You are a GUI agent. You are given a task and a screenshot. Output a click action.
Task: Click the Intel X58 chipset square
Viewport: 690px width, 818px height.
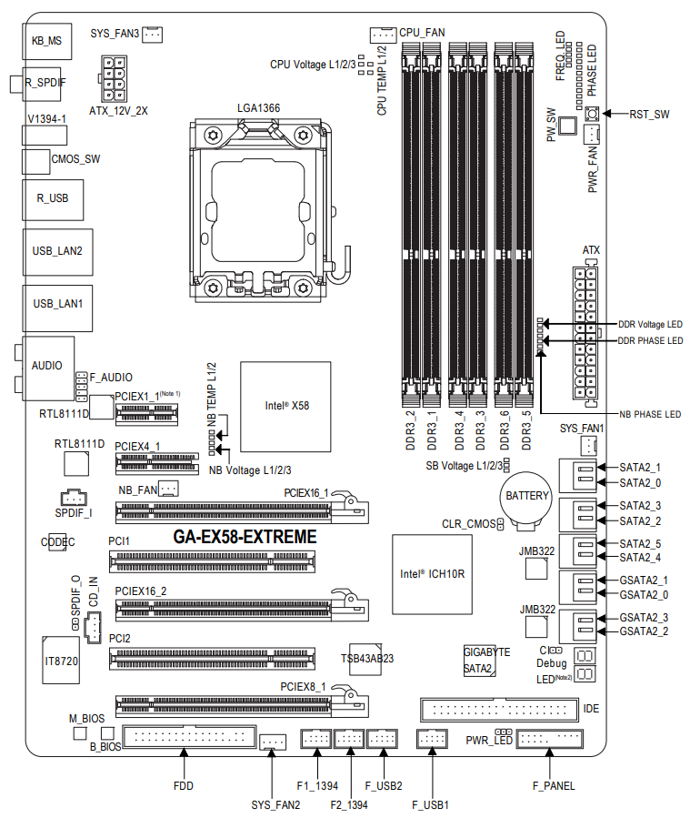coord(285,406)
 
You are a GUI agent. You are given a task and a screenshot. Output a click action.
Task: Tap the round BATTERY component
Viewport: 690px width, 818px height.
coord(527,497)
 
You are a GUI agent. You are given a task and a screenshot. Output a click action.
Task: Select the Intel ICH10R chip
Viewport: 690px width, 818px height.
coord(432,575)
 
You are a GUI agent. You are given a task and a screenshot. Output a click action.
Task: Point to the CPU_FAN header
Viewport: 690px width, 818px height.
coord(381,35)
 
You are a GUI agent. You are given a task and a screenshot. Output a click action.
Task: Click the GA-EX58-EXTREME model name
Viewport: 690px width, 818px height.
coord(245,538)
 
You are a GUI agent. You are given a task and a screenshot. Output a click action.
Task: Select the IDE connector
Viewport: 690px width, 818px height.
coord(499,709)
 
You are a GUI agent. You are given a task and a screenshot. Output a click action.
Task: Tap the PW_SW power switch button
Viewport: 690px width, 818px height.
coord(568,126)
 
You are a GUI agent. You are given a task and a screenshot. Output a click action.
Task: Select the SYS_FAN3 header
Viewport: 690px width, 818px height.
coord(152,35)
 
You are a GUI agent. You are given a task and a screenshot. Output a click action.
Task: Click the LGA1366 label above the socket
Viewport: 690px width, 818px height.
coord(258,107)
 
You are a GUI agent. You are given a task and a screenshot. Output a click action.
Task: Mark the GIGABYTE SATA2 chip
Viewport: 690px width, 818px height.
coord(480,661)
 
